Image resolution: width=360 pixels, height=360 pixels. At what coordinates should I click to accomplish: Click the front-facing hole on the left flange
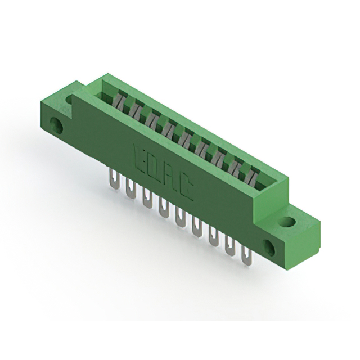tap(57, 124)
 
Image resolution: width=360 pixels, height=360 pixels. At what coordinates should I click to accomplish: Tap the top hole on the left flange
tap(69, 100)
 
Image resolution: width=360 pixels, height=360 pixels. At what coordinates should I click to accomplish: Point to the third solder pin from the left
tap(147, 199)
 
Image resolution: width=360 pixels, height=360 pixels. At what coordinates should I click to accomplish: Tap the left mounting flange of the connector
tap(59, 115)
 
